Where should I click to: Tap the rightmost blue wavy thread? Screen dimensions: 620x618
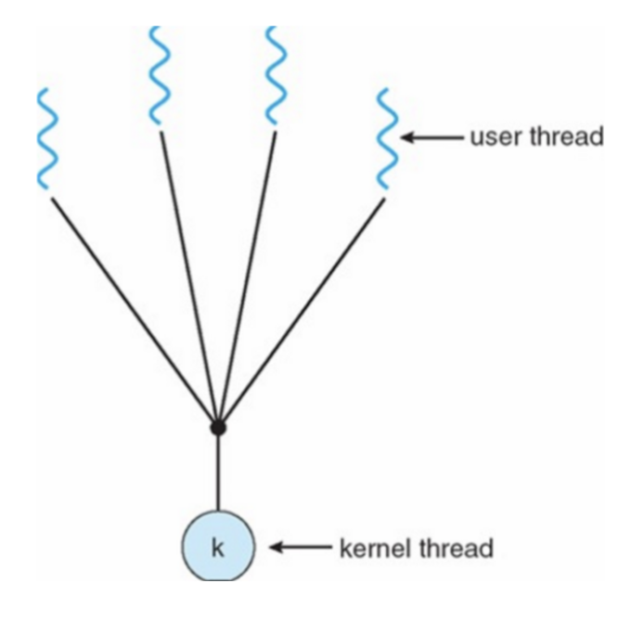pos(387,141)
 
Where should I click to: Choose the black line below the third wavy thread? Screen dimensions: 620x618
pos(247,278)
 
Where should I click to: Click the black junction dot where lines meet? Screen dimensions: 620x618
pos(218,428)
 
